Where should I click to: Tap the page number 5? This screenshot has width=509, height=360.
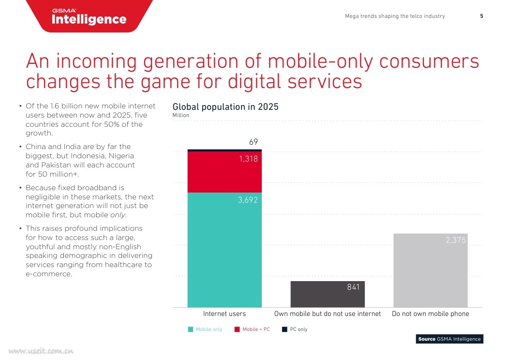481,16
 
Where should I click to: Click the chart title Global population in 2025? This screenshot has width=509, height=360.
225,107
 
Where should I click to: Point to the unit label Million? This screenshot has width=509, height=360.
181,116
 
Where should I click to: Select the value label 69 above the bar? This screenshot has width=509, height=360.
254,142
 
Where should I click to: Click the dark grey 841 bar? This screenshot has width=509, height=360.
327,294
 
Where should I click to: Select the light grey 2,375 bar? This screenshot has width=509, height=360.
431,270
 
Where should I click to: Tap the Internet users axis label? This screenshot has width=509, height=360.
225,314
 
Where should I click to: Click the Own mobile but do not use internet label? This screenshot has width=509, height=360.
328,314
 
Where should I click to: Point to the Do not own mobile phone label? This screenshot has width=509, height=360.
431,314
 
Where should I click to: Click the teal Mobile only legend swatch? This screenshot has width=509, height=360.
191,330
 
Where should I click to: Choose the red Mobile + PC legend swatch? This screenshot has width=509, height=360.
237,330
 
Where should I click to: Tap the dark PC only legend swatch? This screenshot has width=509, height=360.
284,330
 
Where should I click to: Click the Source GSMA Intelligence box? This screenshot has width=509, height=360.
449,339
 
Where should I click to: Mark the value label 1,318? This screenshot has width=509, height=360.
249,159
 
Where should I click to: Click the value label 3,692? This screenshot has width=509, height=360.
248,199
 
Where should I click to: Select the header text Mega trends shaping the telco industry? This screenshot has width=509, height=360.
395,16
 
